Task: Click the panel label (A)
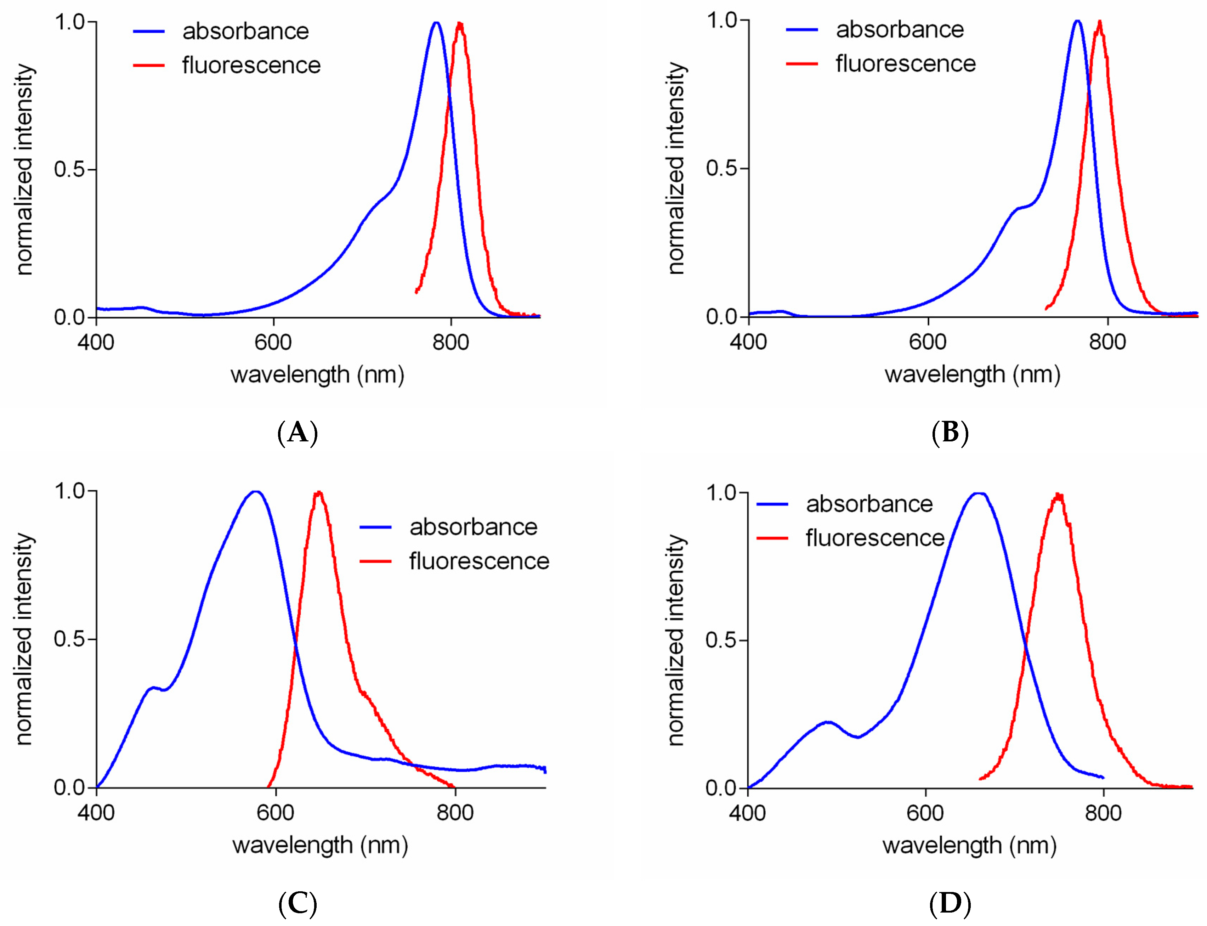[297, 433]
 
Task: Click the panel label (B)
[950, 433]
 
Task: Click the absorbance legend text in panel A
[246, 32]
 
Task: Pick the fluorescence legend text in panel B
[906, 63]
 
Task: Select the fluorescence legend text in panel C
[479, 561]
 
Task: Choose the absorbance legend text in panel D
[869, 504]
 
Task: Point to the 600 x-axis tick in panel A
[273, 342]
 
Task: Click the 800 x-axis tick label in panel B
[1107, 342]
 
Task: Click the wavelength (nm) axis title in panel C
[320, 845]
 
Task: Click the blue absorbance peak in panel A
[436, 23]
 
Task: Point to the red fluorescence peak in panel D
[1058, 495]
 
